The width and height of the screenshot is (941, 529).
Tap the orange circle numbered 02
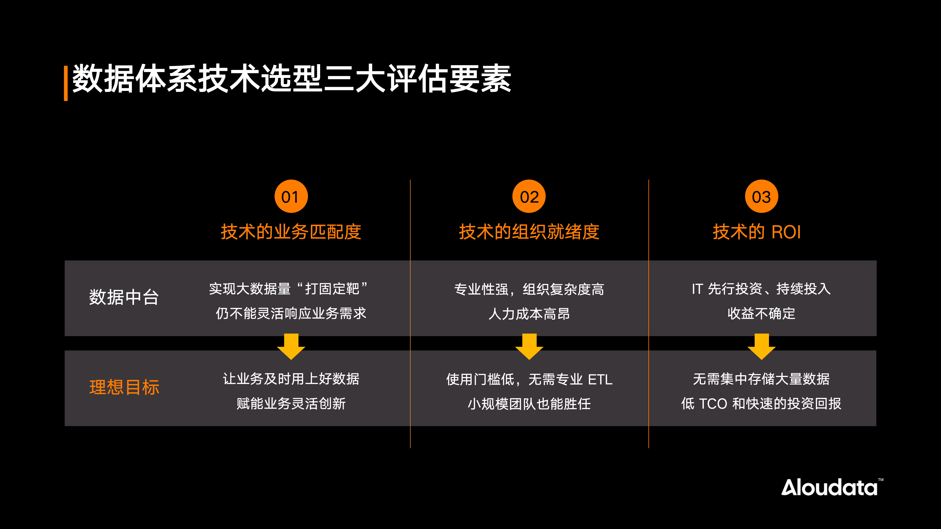(x=529, y=196)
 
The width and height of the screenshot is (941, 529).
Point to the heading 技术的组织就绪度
(x=529, y=232)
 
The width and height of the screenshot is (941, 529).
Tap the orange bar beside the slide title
(x=66, y=83)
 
